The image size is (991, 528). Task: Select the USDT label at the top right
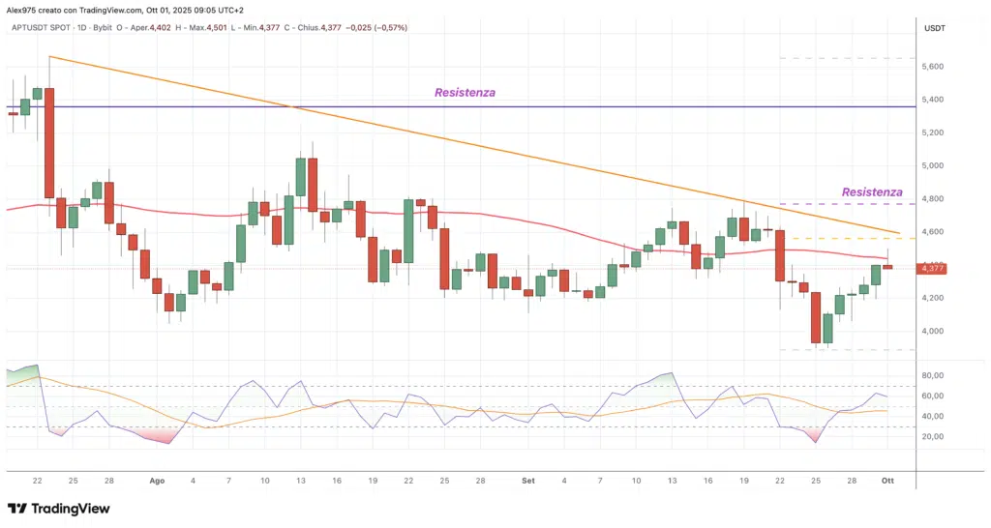935,29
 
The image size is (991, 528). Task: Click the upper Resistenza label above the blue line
465,93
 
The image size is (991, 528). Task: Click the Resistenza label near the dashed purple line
872,192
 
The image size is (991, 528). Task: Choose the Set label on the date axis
526,480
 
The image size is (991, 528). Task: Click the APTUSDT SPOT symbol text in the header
40,28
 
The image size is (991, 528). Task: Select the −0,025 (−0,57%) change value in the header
377,28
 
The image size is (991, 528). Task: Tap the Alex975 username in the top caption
21,9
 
